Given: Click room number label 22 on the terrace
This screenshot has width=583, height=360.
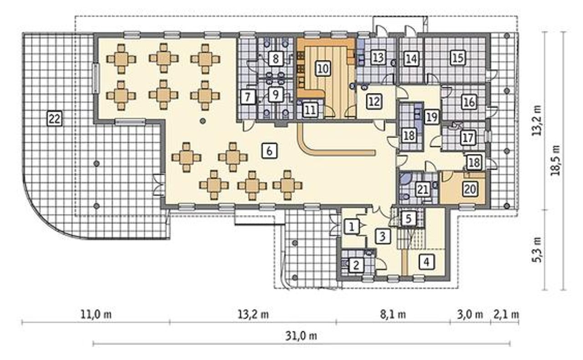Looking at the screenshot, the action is coord(55,118).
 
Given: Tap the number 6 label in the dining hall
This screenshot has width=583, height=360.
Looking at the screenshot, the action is coord(270,150).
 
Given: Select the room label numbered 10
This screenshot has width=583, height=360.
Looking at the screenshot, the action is coord(323,68).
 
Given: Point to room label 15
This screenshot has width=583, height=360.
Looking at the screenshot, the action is coord(458,57).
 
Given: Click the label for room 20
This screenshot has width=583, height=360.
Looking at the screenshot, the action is coord(470,189).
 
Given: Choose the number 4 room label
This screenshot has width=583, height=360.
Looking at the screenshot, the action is coord(427,262).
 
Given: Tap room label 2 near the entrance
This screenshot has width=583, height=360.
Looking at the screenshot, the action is coord(356,265).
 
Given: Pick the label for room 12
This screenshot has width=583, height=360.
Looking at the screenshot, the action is coord(374,101).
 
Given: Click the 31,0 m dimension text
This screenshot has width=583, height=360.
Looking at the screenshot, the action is coord(301,336).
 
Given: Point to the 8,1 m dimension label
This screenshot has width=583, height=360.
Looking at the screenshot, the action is coord(393,314).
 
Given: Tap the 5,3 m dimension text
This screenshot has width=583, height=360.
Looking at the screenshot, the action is coord(537,249).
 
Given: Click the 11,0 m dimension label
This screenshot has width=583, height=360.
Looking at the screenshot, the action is coord(96,314).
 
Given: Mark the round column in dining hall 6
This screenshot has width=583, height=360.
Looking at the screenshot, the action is coord(203,121).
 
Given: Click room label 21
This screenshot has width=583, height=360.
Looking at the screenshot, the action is coord(422,190).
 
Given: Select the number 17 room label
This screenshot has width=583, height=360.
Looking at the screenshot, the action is coord(468,138).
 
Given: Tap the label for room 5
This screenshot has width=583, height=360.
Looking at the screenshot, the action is coord(409,218).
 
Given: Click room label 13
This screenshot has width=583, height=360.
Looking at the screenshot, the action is coord(378,57).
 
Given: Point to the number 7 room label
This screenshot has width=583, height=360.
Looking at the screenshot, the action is coord(247,97).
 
